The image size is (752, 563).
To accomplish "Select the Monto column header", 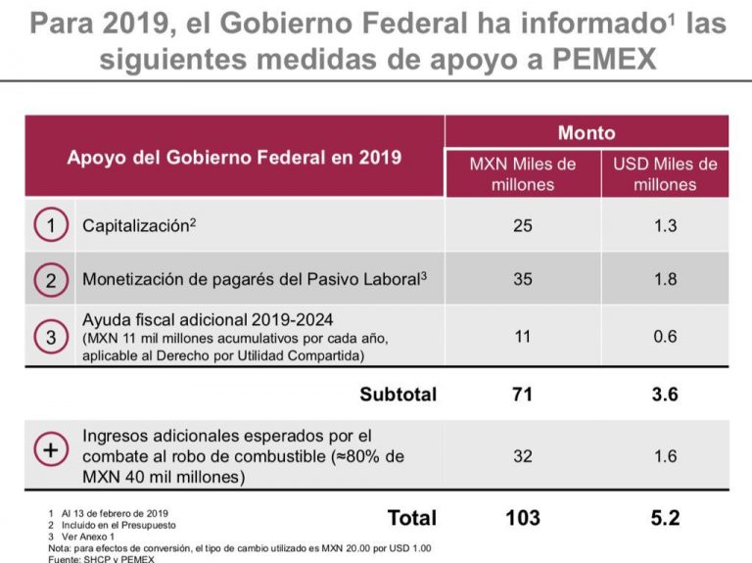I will (587, 132).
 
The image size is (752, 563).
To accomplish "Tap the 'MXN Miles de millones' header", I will (523, 173).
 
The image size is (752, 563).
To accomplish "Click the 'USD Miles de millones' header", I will (665, 173).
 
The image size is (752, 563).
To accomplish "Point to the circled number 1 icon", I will (51, 225).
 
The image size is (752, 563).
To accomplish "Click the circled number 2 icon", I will (51, 279).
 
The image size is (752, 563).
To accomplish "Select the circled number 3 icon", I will (51, 336).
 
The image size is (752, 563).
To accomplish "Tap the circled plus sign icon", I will (51, 451).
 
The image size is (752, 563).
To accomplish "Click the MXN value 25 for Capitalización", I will (523, 225).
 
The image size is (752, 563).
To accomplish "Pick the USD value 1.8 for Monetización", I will (665, 279).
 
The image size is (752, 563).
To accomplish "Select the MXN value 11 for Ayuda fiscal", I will (523, 336).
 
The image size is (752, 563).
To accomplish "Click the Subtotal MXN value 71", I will (523, 395).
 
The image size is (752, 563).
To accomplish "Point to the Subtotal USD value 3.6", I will (665, 395).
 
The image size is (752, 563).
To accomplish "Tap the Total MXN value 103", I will (523, 517).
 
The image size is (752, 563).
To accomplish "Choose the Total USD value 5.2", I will (665, 517).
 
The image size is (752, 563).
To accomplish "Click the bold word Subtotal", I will (398, 395).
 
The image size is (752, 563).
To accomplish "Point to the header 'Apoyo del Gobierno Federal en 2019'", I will (234, 157).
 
